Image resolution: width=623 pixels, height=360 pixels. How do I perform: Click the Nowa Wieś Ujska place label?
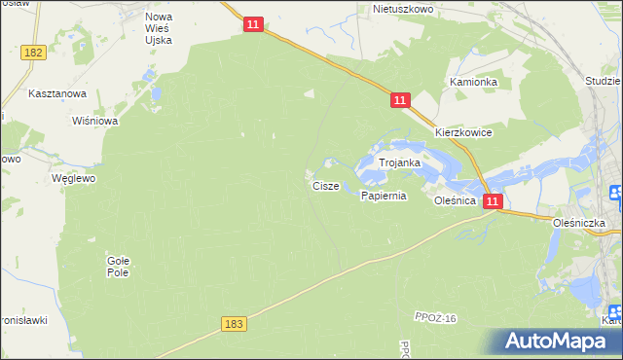tap(159, 30)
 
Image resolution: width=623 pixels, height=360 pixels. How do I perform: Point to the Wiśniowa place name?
tap(95, 122)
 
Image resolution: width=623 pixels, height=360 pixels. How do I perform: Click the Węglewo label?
tap(74, 179)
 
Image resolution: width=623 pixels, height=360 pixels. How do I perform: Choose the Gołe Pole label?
tap(118, 266)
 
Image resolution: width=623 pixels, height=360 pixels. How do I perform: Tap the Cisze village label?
tap(326, 185)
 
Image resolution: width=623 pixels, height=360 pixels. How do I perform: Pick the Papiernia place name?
tap(383, 196)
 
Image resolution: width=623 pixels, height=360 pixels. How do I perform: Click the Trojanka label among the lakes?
tap(399, 162)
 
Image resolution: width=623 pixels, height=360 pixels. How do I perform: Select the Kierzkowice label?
tap(463, 132)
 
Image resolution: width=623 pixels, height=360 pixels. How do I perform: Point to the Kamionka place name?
tap(474, 83)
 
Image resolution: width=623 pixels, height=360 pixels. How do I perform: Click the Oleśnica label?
tap(455, 199)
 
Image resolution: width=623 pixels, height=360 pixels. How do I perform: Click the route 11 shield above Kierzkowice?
tap(401, 100)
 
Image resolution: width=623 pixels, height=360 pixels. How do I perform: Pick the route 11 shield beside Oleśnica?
tap(494, 201)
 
